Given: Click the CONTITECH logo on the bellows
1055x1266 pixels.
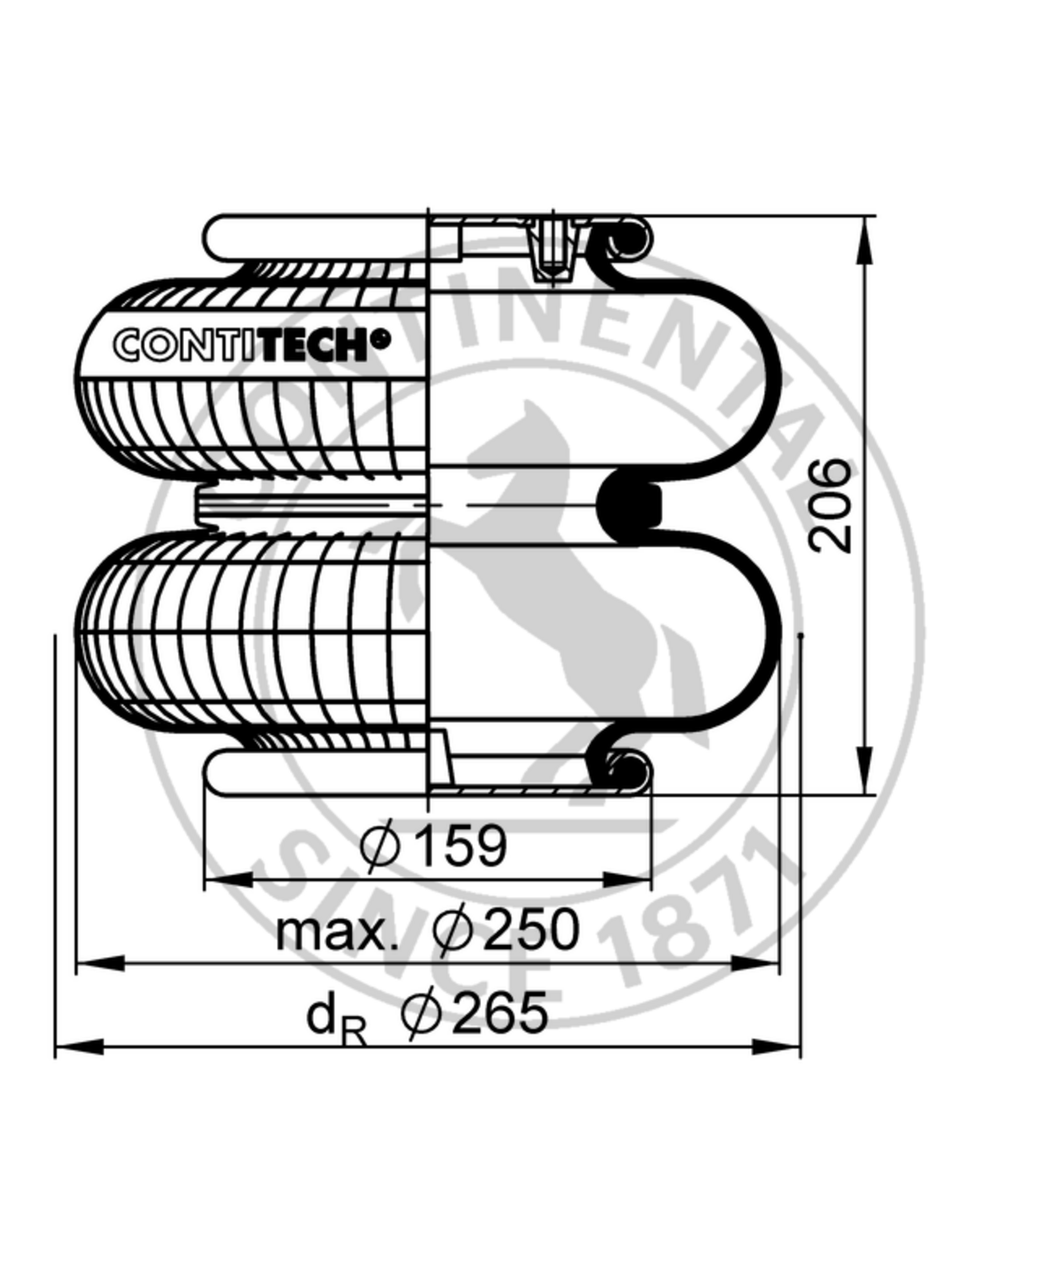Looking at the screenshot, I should tap(252, 344).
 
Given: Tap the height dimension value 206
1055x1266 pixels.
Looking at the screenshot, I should tap(830, 506).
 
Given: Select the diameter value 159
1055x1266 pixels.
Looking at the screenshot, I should tap(463, 845).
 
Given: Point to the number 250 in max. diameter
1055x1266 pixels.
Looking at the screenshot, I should tap(531, 930).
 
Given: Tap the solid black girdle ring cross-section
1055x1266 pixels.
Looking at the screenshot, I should tap(628, 506).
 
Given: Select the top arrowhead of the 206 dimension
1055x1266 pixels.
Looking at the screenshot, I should tap(864, 241).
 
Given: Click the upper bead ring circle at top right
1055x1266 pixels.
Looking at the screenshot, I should tap(626, 241).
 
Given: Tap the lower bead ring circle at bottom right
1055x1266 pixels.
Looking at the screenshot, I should tap(625, 769).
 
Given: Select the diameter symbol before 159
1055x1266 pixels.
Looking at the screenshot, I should tap(380, 846).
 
